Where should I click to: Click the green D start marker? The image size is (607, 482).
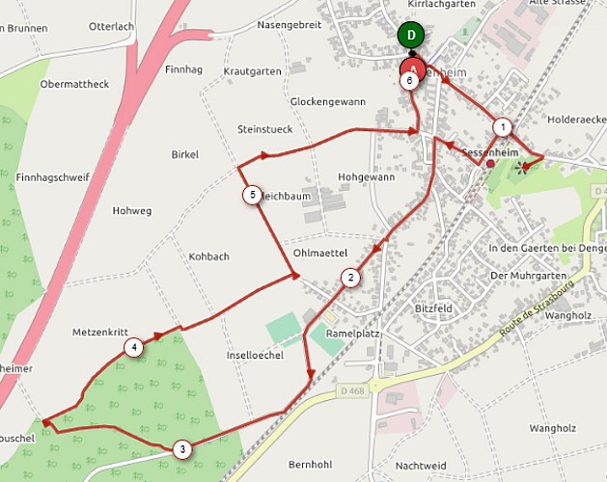coord(412,36)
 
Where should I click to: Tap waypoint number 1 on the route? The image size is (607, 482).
coord(502,126)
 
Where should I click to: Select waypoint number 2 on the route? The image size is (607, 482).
coord(350,278)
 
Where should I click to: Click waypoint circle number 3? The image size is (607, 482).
coord(181,448)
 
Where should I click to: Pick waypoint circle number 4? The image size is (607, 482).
coord(133,348)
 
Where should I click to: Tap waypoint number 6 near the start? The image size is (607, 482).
coord(410,81)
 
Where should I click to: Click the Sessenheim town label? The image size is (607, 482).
coord(498,153)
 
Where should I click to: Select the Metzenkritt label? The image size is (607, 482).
coord(100,332)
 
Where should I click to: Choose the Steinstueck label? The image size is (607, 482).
coord(264,128)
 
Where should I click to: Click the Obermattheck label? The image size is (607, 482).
coord(75,84)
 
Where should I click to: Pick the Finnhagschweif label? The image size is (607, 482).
coord(53,177)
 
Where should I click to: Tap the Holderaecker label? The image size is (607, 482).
coord(575,121)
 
